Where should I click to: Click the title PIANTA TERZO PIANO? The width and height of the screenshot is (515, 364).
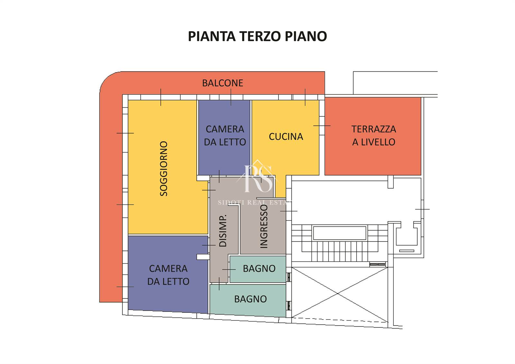(257, 36)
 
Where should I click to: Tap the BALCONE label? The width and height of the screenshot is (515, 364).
(222, 83)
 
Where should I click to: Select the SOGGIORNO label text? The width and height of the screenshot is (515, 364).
(164, 169)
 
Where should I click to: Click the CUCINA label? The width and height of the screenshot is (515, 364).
(286, 136)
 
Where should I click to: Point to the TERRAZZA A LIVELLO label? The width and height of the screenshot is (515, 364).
(374, 136)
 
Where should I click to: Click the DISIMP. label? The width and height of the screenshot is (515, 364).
(223, 231)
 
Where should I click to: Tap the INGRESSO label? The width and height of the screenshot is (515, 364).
(264, 227)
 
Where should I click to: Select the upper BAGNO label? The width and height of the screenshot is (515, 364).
(259, 268)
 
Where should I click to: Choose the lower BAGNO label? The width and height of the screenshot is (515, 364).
(250, 299)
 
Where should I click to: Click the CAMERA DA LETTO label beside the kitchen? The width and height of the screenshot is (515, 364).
(225, 136)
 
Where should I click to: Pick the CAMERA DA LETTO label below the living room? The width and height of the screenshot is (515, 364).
(168, 275)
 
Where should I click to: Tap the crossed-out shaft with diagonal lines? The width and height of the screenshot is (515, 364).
(340, 294)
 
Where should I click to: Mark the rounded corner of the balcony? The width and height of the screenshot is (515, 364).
(108, 80)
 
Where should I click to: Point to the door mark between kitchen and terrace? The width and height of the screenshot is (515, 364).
(322, 126)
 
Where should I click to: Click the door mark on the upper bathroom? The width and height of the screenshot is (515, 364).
(229, 269)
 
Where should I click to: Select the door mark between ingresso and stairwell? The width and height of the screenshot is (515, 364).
(288, 211)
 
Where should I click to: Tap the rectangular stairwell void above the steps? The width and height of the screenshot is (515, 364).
(339, 233)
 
